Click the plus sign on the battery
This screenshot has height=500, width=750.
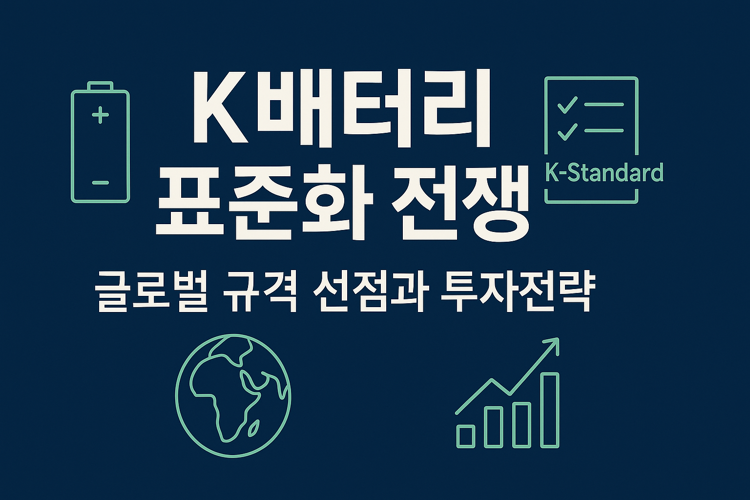click(100, 115)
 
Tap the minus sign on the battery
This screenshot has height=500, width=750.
click(100, 183)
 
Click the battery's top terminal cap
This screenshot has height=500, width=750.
click(100, 86)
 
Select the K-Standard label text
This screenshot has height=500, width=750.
click(604, 173)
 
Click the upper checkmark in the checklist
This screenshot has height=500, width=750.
click(567, 104)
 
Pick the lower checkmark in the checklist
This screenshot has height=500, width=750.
click(567, 131)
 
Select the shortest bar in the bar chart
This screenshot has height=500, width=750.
click(466, 436)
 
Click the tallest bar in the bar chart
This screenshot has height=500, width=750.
click(550, 410)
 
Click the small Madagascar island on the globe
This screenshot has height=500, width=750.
click(254, 429)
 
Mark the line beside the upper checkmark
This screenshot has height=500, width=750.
click(604, 104)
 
